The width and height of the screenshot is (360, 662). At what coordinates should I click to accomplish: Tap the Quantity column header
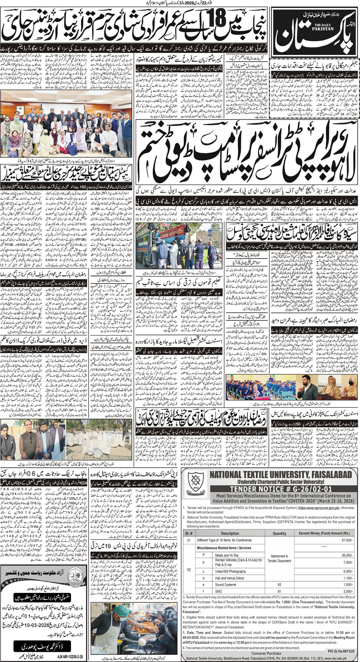click(279, 533)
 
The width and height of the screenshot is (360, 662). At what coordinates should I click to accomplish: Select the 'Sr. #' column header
click(189, 533)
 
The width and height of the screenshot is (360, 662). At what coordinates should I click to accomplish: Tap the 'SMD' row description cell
click(219, 591)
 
